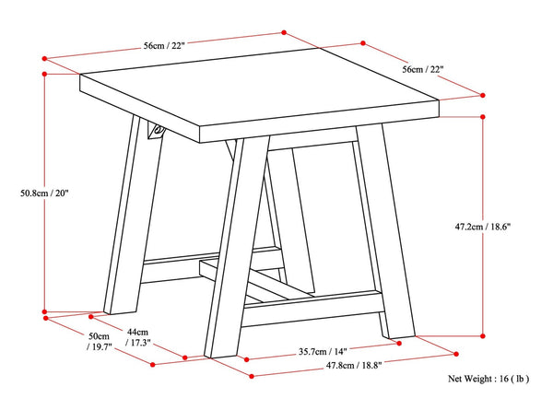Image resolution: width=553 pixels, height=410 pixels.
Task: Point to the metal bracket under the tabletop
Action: [x=156, y=133]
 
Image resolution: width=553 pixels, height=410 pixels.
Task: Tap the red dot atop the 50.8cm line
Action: [x=44, y=74]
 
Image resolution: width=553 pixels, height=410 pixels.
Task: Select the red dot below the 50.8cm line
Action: [x=44, y=311]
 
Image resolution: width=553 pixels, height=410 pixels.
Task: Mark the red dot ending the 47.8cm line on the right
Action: [x=456, y=352]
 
